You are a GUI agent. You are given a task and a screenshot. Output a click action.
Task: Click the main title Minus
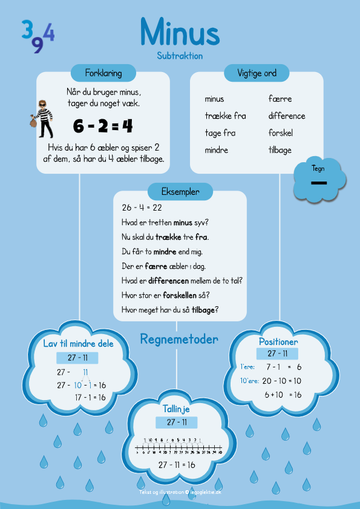tap(179, 31)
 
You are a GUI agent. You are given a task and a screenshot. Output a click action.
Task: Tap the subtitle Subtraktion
tap(179, 56)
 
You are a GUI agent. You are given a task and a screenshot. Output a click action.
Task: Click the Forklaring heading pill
tap(104, 73)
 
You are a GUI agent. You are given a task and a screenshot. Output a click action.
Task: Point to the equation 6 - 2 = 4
tap(102, 126)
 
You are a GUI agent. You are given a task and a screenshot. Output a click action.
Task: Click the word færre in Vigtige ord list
tap(280, 99)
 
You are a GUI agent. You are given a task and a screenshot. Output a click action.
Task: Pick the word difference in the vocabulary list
tap(287, 116)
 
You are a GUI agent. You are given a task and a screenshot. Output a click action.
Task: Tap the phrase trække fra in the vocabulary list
tap(225, 116)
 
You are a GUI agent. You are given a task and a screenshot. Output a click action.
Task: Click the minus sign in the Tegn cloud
tap(319, 183)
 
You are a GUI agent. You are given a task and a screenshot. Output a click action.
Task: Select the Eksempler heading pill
tap(179, 192)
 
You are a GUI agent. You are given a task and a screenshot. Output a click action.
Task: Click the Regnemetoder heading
tap(179, 339)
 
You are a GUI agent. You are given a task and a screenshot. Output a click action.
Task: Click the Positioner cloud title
tap(278, 341)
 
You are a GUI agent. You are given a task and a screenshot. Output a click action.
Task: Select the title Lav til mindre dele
tap(78, 344)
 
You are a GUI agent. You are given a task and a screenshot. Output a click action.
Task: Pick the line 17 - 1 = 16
tap(90, 397)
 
